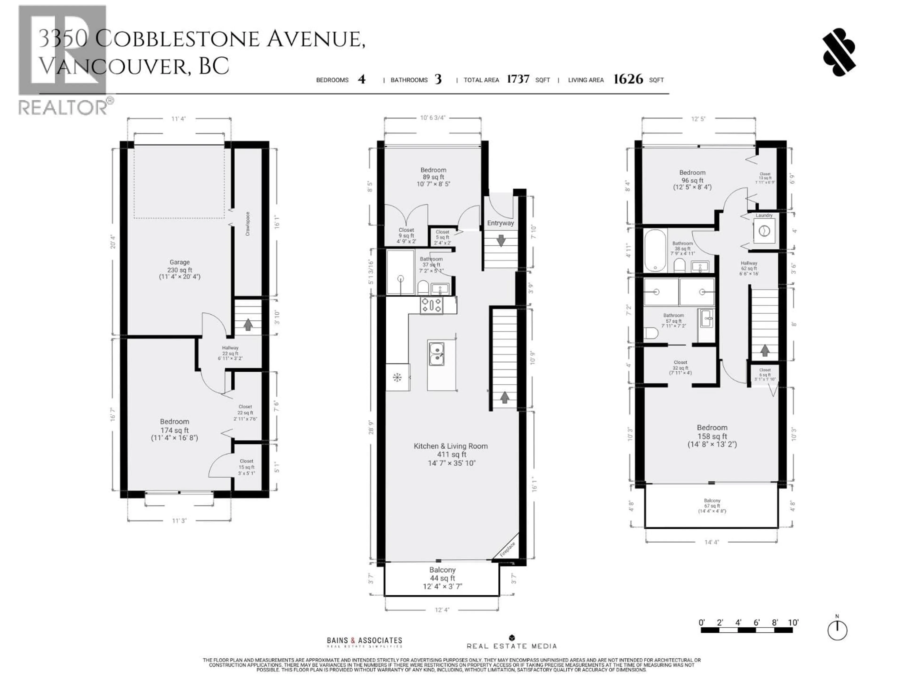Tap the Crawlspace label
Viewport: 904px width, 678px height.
pos(247,224)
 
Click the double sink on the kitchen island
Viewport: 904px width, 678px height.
pos(436,354)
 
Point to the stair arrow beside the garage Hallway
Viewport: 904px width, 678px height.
pos(248,324)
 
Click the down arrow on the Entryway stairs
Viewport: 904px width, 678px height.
pos(501,240)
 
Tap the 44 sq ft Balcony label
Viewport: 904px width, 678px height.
pos(442,578)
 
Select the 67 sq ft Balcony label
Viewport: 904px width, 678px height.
pos(712,505)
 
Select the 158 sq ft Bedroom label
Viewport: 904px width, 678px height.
pos(712,436)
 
